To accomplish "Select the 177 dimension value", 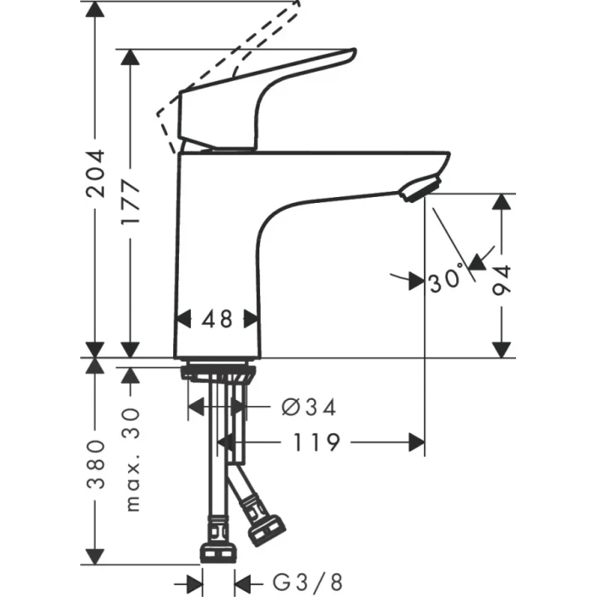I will tap(130, 202).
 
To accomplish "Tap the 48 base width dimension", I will tap(217, 319).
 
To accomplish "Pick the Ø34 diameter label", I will tap(308, 408).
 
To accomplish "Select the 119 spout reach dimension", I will tap(317, 442).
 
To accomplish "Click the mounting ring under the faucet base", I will tap(217, 372).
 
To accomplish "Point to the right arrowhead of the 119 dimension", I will tap(417, 442).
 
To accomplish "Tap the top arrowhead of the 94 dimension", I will tap(503, 202).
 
